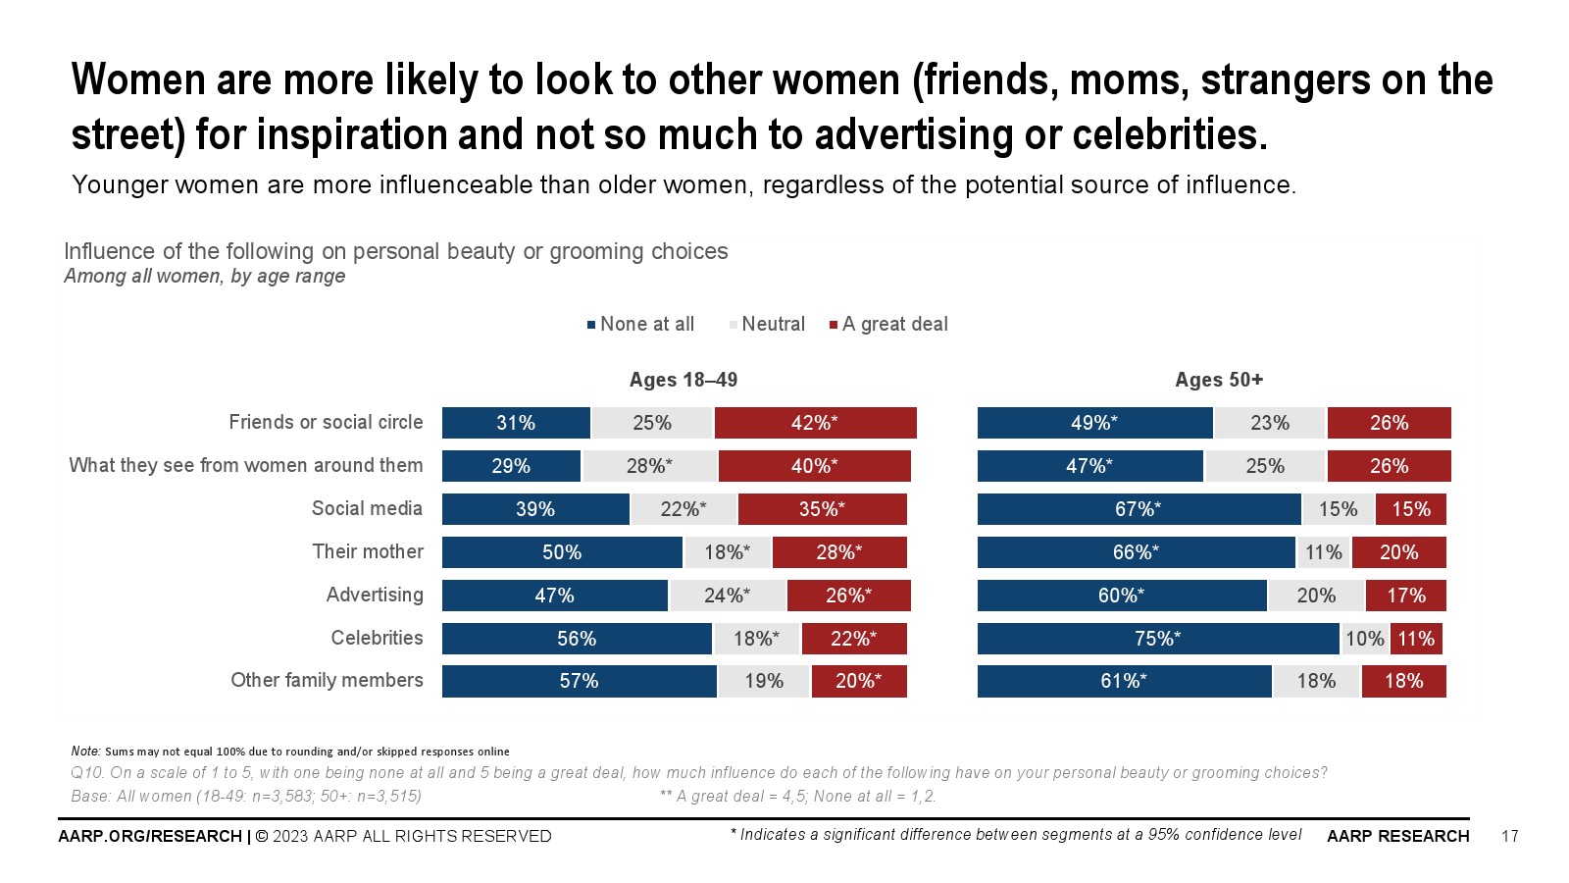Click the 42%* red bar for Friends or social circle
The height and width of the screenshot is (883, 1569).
point(815,423)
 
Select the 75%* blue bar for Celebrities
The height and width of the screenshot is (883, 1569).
point(1158,639)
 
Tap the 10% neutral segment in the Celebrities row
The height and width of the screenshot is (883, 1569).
point(1364,639)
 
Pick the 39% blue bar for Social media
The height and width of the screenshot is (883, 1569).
point(535,509)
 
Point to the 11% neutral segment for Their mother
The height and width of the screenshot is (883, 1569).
point(1323,552)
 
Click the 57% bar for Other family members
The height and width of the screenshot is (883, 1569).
point(579,681)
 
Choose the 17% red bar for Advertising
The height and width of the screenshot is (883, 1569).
point(1405,596)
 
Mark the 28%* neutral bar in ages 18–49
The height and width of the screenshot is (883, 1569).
point(649,466)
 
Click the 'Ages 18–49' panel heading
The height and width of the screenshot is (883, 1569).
point(683,380)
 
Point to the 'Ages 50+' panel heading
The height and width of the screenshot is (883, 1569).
point(1219,380)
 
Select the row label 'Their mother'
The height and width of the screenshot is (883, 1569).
point(368,551)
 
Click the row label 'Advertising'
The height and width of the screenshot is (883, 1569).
point(375,595)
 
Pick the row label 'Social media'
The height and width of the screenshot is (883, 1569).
point(367,508)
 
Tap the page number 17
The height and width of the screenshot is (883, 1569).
point(1509,836)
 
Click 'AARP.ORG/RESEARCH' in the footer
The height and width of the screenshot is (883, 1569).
point(150,836)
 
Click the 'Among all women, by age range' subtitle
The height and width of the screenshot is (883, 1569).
point(204,276)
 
